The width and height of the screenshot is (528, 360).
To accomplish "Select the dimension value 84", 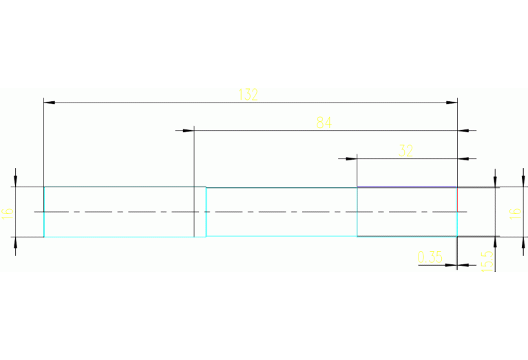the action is pos(324,123).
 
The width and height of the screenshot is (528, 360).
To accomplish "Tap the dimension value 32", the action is pos(406,151).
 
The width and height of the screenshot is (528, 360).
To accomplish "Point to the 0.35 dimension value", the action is pos(430,258).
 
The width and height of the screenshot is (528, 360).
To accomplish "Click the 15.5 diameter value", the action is pos(487,261).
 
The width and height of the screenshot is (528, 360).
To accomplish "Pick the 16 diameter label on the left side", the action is pos(8,212).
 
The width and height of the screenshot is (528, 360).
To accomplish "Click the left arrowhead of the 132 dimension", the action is pos(49,103).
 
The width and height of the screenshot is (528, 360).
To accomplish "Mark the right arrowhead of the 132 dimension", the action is pos(452,103).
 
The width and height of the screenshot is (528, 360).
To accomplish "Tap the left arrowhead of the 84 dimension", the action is pos(189,129).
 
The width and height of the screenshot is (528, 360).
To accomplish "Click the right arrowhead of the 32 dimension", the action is pos(463,158).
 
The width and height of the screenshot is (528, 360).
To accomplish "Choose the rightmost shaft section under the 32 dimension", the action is pos(407,212).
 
